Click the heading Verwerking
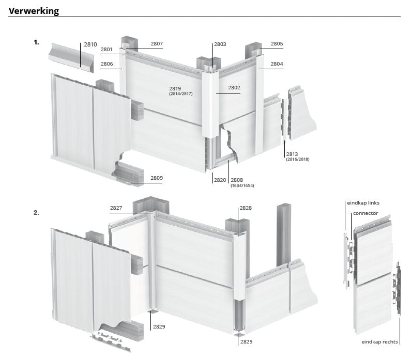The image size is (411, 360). [x=34, y=11]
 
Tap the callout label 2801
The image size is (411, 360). [x=106, y=50]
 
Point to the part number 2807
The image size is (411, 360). [x=157, y=44]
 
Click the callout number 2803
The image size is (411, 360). [x=220, y=44]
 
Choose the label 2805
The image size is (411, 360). [x=277, y=44]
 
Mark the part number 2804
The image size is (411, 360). [x=277, y=64]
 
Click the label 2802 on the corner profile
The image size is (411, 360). [x=234, y=88]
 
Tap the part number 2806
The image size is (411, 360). [x=106, y=64]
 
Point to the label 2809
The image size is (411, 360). [x=157, y=178]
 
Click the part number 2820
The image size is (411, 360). [x=220, y=180]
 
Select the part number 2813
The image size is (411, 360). [x=292, y=154]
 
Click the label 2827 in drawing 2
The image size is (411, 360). [x=116, y=208]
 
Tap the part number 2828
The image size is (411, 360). [x=246, y=208]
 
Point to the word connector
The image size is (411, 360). [x=366, y=213]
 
